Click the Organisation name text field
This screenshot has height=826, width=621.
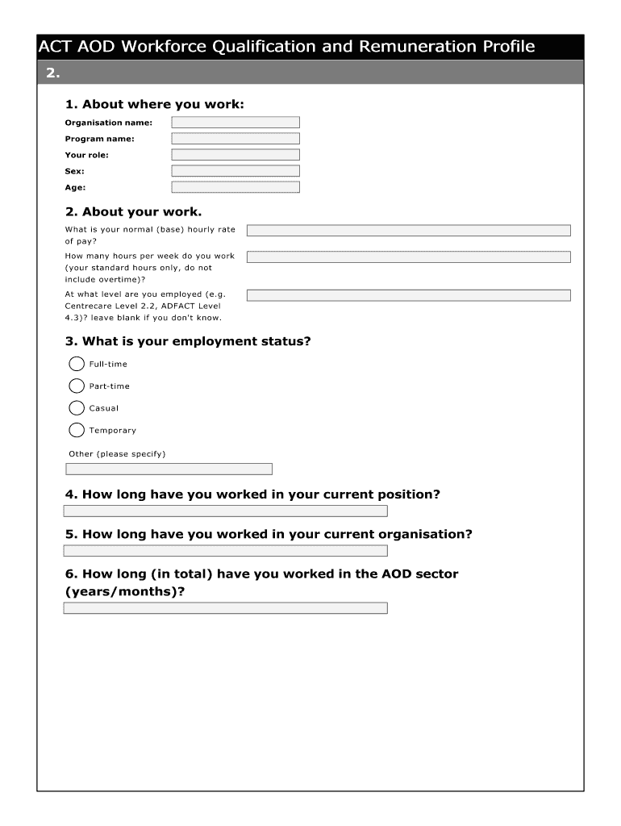click(235, 123)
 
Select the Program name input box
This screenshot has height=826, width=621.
click(235, 139)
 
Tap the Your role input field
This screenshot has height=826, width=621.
click(235, 155)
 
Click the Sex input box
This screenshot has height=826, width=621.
click(235, 171)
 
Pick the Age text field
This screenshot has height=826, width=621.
click(235, 187)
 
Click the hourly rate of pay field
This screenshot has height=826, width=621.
click(408, 231)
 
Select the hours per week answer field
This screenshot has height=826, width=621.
click(408, 257)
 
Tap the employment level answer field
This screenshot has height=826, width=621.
click(408, 295)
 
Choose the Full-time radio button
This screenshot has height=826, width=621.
click(77, 364)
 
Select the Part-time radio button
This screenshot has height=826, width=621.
click(77, 386)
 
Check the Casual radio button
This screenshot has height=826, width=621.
click(77, 408)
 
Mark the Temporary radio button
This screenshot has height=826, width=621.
click(77, 430)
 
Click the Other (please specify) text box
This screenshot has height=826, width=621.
click(169, 469)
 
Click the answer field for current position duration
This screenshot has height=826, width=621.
click(226, 511)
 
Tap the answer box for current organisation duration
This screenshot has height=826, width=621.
click(226, 551)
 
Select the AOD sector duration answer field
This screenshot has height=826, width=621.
click(226, 608)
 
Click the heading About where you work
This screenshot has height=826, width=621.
click(154, 104)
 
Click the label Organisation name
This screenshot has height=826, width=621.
click(109, 123)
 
